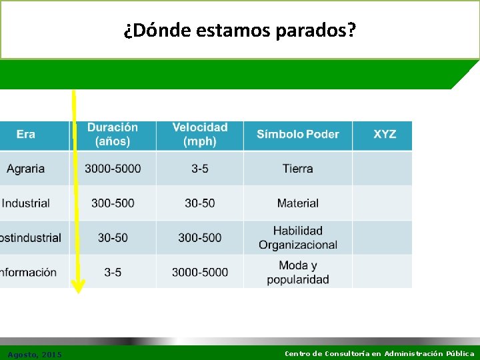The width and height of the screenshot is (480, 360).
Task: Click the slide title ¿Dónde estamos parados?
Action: point(240,30)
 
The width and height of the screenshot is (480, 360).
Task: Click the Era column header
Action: point(26,135)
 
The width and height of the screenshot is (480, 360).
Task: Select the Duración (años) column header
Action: point(113,135)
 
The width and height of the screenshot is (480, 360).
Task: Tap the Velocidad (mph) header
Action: point(200,135)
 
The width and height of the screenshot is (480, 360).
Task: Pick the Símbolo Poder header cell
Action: point(297,135)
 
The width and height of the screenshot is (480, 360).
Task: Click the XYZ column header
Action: point(384,135)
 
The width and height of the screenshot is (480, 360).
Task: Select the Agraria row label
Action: point(26,169)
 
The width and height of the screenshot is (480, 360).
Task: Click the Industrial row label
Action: point(26,203)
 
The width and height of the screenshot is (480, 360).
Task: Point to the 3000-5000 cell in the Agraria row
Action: point(113,169)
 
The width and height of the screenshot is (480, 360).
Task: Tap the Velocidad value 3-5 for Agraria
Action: point(200,169)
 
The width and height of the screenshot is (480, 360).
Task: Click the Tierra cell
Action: point(297,169)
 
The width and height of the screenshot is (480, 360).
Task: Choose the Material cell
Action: point(297,203)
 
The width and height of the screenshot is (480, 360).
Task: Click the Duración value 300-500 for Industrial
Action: point(113,203)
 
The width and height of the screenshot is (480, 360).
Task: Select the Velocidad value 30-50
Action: point(200,203)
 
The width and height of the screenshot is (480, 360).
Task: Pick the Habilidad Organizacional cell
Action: point(297,238)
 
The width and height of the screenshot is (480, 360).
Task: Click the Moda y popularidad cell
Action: point(297,272)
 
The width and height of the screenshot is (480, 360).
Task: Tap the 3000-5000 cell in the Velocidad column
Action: point(200,272)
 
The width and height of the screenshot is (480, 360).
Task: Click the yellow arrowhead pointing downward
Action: point(79,287)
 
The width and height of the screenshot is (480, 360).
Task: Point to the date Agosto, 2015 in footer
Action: point(35,354)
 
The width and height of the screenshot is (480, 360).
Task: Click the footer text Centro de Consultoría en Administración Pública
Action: point(379,353)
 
